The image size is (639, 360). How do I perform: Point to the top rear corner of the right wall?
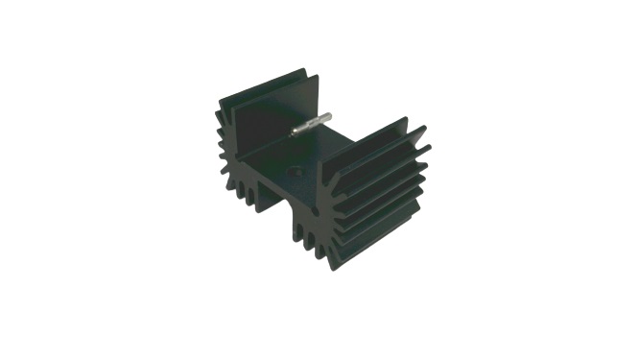(407, 119)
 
